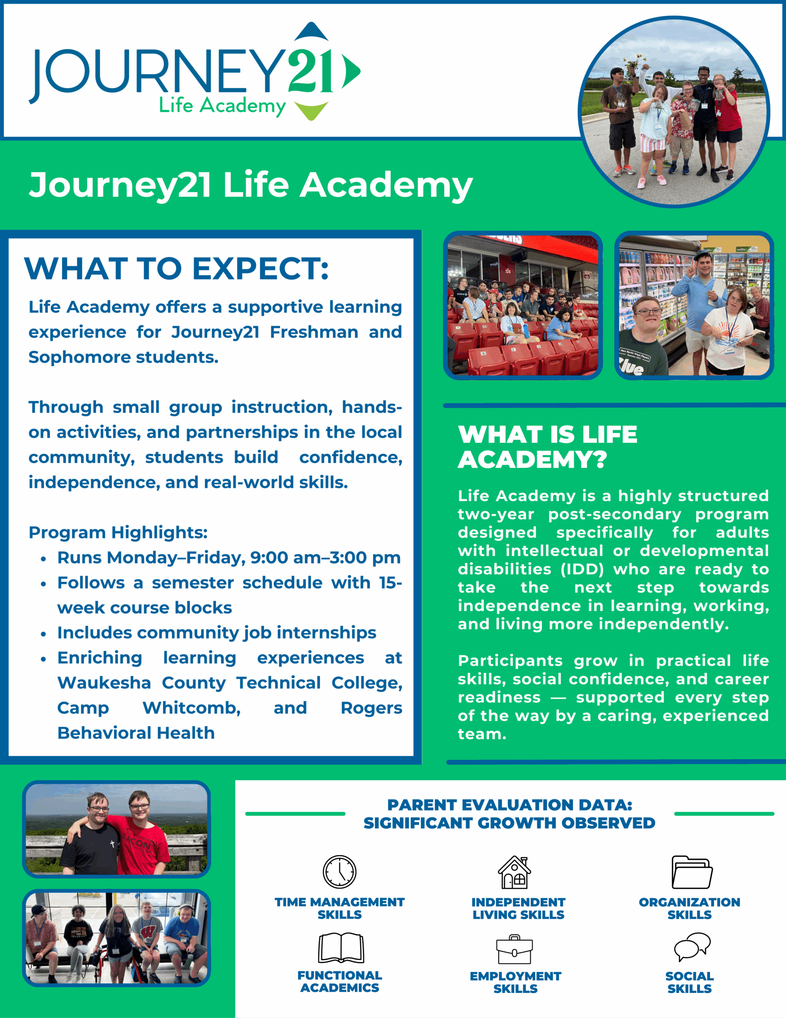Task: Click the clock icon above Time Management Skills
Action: pyautogui.click(x=340, y=872)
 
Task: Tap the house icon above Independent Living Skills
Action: pyautogui.click(x=514, y=872)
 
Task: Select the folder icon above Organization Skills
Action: pyautogui.click(x=692, y=872)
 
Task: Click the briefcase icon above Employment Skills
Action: pyautogui.click(x=514, y=950)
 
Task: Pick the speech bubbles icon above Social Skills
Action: pyautogui.click(x=692, y=947)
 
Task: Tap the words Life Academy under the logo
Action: pyautogui.click(x=222, y=106)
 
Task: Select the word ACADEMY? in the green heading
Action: pyautogui.click(x=532, y=460)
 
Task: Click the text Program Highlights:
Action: pyautogui.click(x=118, y=532)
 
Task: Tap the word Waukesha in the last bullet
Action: pyautogui.click(x=104, y=683)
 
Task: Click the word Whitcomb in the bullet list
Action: pyautogui.click(x=192, y=708)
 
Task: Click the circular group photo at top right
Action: pyautogui.click(x=674, y=112)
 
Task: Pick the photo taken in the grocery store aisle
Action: pyautogui.click(x=694, y=305)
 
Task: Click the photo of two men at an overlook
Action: pyautogui.click(x=116, y=829)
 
